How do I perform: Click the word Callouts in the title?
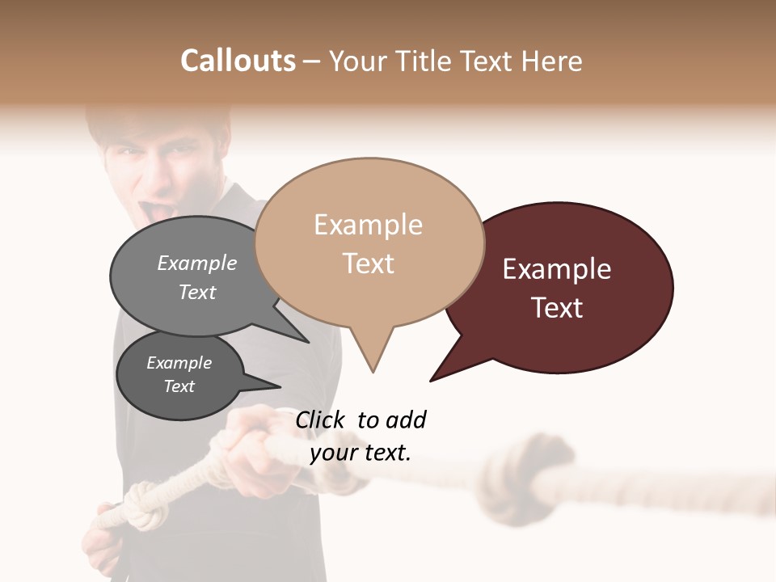coord(238,61)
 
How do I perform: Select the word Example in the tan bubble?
coord(368,225)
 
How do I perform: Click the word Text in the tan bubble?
coord(369,264)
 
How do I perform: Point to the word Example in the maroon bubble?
coord(557,269)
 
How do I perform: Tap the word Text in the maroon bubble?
coord(557,308)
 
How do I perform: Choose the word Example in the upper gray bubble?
coord(197,264)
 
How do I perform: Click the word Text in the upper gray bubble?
coord(197,292)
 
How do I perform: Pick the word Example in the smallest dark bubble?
coord(179,363)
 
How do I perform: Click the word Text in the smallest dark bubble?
coord(179,386)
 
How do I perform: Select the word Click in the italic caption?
coord(322,420)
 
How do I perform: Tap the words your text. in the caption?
coord(361,453)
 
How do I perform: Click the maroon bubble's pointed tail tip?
coord(431,380)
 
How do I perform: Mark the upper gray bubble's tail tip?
coord(308,342)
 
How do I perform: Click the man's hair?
coord(154,121)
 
